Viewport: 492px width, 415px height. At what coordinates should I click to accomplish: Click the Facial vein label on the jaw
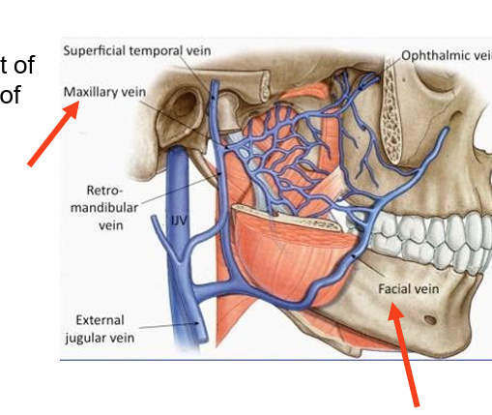tap(403, 288)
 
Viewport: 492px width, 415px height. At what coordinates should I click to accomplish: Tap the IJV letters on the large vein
tap(179, 221)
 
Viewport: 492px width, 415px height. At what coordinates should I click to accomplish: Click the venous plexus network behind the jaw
tap(271, 145)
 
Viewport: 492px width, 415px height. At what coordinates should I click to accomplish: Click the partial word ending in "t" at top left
tap(20, 65)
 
